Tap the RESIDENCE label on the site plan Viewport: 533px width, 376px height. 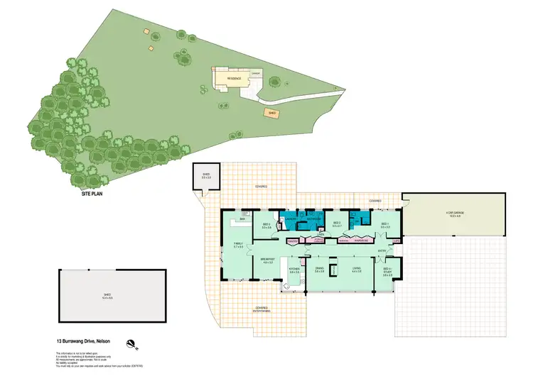(234, 78)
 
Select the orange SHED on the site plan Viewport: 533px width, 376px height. (271, 112)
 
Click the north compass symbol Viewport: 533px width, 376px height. (131, 345)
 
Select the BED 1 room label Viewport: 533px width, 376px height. (385, 226)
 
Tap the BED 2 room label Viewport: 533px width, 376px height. (336, 225)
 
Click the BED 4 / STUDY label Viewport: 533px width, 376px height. (388, 272)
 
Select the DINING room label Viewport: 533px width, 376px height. (319, 270)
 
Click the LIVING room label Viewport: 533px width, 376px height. (357, 270)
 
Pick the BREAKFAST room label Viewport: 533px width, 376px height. (268, 261)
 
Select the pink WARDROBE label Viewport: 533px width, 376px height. (362, 241)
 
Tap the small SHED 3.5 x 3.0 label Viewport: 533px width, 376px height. (207, 175)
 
